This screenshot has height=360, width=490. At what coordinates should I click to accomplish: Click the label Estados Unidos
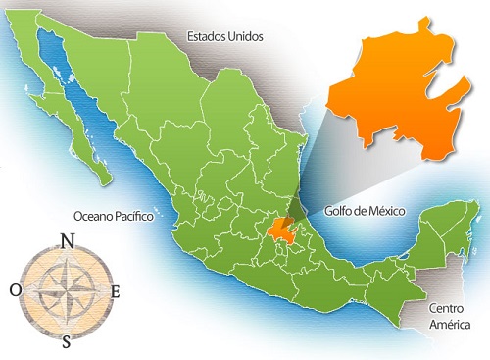click(x=225, y=37)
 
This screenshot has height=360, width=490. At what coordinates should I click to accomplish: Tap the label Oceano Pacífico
click(x=114, y=216)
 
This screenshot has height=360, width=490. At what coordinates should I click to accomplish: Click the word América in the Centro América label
click(x=450, y=325)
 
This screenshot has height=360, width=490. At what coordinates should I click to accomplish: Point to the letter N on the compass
click(x=67, y=241)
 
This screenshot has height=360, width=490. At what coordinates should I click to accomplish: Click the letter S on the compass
click(x=67, y=342)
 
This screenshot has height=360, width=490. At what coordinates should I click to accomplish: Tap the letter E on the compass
click(x=116, y=291)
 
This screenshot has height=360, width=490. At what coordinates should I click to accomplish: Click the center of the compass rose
click(x=67, y=291)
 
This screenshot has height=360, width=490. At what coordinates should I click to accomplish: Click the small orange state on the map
click(x=282, y=231)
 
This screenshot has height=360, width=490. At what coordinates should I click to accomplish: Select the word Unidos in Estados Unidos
click(x=245, y=37)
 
